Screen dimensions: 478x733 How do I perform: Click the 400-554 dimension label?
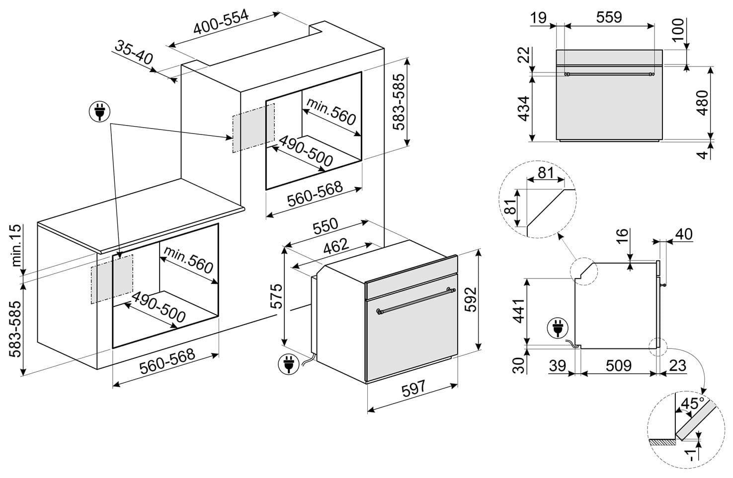click(x=220, y=23)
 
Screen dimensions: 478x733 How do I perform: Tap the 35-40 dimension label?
click(x=134, y=52)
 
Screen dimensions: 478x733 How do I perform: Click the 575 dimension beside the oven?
click(x=276, y=296)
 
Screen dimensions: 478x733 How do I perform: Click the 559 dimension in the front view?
click(x=609, y=17)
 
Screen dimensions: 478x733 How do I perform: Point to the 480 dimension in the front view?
click(x=702, y=103)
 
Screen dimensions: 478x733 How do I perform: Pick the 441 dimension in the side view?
click(x=519, y=311)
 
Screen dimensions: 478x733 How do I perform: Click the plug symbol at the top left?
click(x=99, y=112)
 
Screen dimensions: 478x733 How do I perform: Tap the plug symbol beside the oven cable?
click(x=288, y=364)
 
